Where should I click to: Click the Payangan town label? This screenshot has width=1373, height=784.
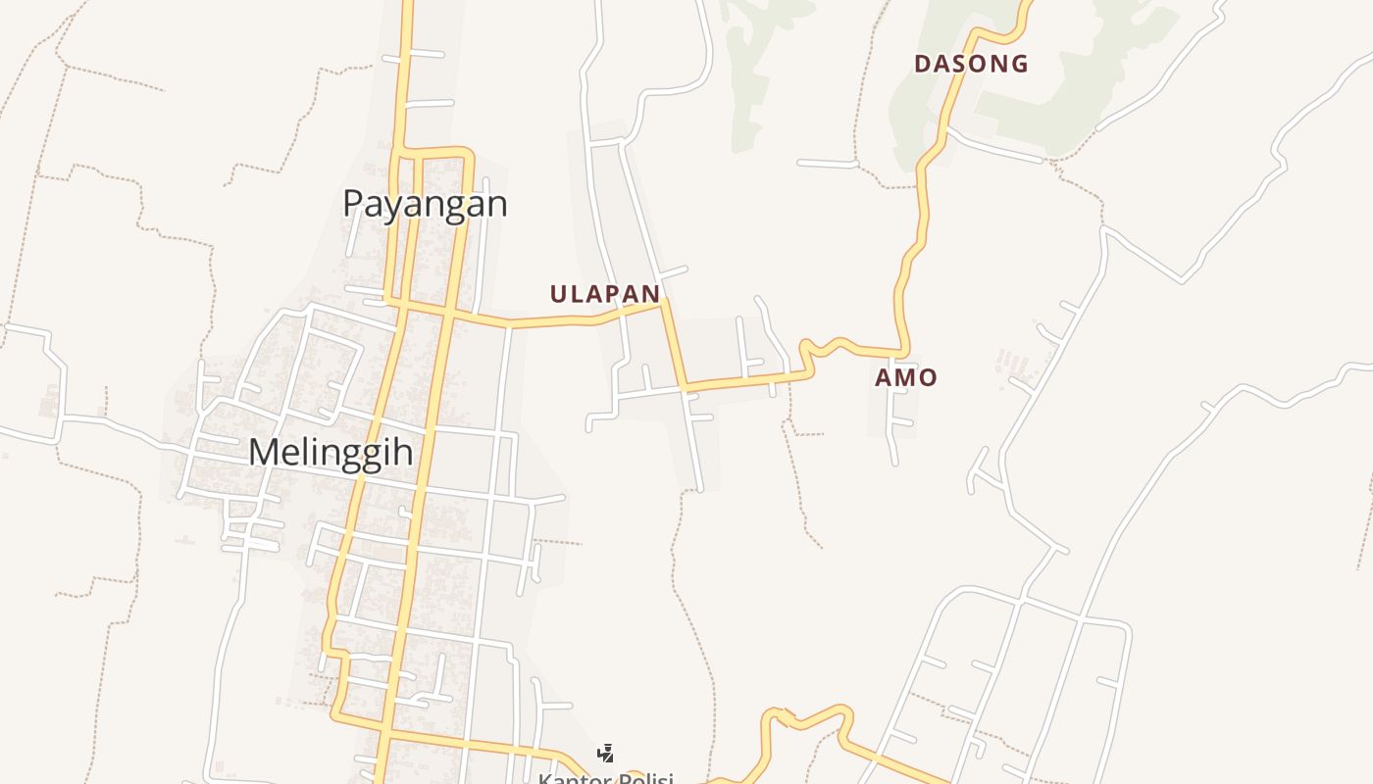425,204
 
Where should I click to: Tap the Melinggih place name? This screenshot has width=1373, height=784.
330,453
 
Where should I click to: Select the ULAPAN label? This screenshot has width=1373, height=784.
604,294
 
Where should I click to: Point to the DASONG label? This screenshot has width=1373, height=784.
971,65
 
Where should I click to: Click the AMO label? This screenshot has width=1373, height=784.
905,377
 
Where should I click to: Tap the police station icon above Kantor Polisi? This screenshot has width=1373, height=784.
605,754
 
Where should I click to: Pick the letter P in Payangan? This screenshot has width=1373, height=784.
353,204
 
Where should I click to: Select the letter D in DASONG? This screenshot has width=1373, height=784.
922,65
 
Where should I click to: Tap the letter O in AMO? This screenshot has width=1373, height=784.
927,377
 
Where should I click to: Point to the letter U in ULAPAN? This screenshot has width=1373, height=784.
559,294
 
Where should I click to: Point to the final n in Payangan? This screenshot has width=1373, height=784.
498,204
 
